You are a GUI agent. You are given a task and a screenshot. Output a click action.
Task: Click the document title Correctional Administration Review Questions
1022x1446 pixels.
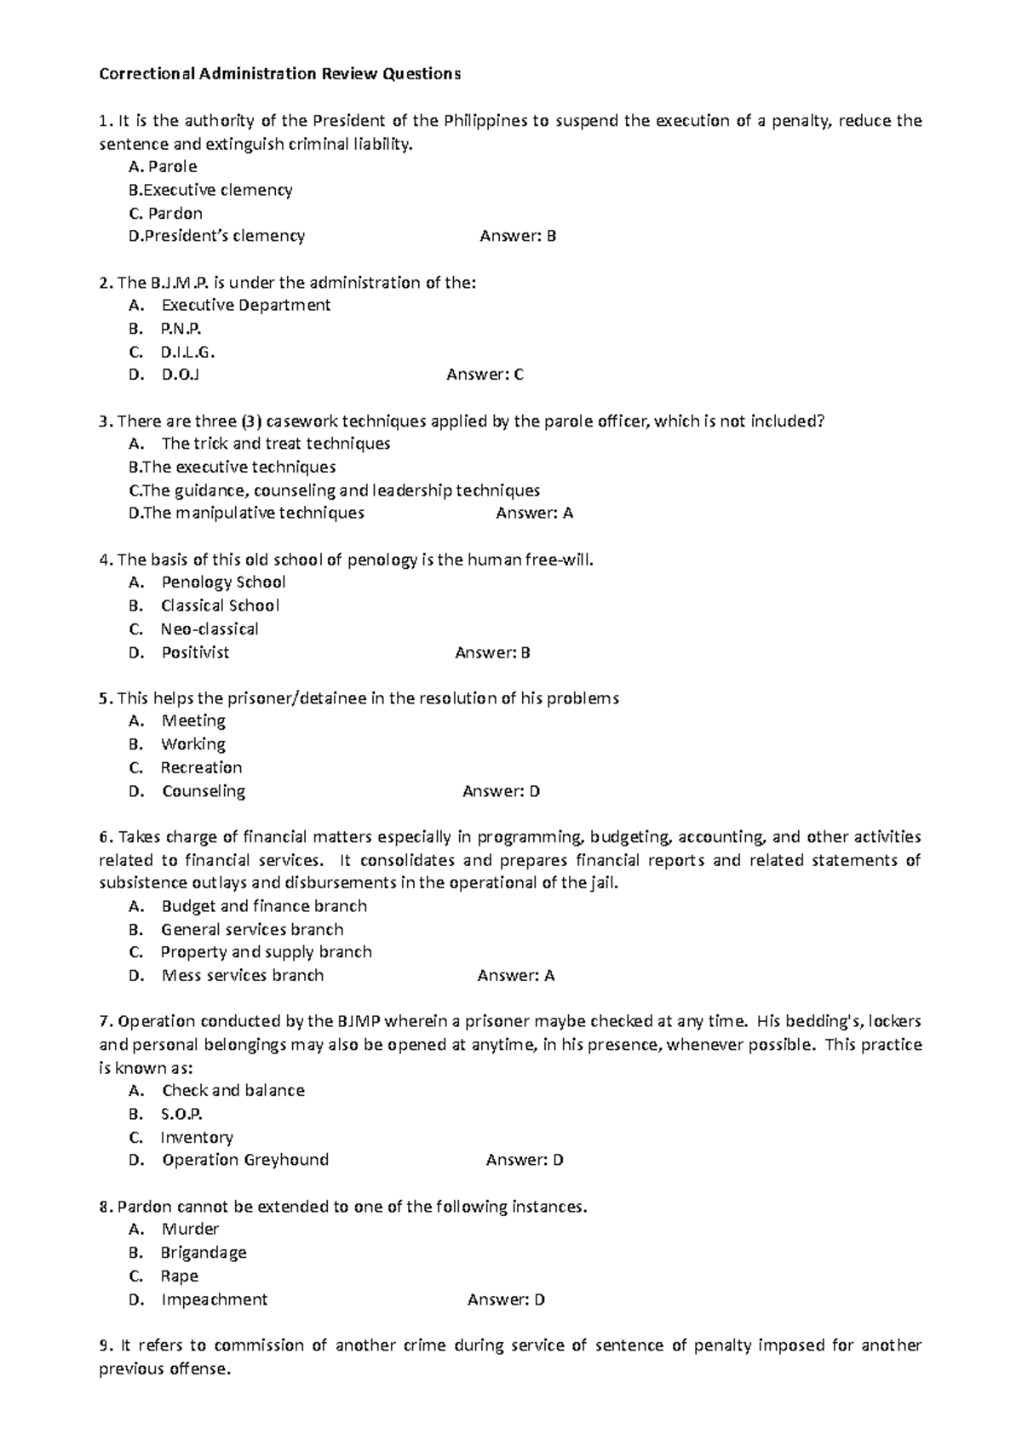pyautogui.click(x=279, y=74)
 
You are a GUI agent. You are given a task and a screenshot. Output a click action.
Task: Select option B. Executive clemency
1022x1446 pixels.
pyautogui.click(x=210, y=190)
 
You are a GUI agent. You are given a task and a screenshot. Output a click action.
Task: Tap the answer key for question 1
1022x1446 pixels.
pyautogui.click(x=518, y=236)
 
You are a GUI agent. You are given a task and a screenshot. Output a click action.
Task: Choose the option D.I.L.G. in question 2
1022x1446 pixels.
pyautogui.click(x=187, y=352)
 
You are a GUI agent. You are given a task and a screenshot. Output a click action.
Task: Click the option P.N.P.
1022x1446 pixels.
pyautogui.click(x=181, y=329)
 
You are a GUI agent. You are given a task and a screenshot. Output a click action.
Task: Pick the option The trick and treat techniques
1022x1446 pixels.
pyautogui.click(x=275, y=444)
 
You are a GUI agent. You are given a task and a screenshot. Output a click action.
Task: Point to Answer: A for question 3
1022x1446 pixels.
pyautogui.click(x=534, y=513)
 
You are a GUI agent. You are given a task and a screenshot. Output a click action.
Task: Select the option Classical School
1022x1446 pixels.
pyautogui.click(x=220, y=605)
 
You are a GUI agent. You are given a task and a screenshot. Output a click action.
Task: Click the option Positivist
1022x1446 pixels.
pyautogui.click(x=195, y=652)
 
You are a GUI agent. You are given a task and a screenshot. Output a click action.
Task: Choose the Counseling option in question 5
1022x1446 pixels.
pyautogui.click(x=204, y=791)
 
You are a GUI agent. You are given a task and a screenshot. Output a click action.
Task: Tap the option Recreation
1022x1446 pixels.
pyautogui.click(x=201, y=767)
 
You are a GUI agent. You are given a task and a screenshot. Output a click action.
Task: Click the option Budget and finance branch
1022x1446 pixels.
pyautogui.click(x=264, y=906)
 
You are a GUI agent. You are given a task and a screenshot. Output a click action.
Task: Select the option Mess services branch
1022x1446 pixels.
pyautogui.click(x=243, y=975)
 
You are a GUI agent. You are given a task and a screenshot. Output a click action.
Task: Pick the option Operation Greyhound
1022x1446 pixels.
pyautogui.click(x=245, y=1160)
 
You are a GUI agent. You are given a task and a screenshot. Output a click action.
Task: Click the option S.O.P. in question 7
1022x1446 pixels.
pyautogui.click(x=181, y=1114)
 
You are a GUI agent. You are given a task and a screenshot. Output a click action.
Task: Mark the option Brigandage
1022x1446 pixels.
pyautogui.click(x=204, y=1253)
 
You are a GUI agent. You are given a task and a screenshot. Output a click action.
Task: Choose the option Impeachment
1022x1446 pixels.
pyautogui.click(x=214, y=1300)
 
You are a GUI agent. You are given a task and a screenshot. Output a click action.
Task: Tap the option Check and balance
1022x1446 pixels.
pyautogui.click(x=233, y=1090)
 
